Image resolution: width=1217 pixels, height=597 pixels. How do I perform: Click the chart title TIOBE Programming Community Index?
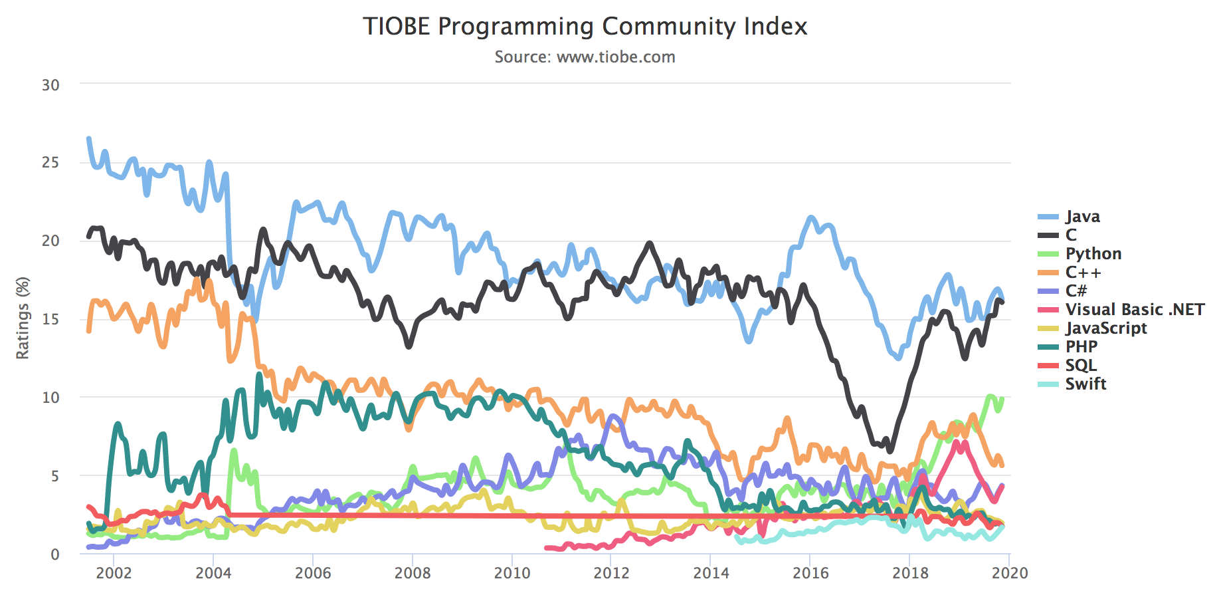click(x=585, y=27)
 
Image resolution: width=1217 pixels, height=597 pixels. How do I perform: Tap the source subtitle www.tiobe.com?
click(x=585, y=57)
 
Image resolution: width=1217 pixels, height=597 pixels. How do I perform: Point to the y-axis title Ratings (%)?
click(x=23, y=318)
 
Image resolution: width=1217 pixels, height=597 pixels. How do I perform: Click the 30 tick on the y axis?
click(x=50, y=85)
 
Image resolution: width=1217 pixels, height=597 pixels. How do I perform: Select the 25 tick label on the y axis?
click(x=50, y=163)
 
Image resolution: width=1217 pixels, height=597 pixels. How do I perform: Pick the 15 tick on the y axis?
click(x=50, y=319)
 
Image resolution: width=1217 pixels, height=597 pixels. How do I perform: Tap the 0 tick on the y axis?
click(x=54, y=554)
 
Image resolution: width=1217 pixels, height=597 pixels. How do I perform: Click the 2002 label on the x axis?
click(x=114, y=573)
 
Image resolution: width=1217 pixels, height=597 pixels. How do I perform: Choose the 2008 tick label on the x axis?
click(x=413, y=573)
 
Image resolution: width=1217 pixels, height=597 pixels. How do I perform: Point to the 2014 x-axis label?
click(x=711, y=573)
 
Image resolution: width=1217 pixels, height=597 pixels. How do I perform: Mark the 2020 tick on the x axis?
click(x=1010, y=573)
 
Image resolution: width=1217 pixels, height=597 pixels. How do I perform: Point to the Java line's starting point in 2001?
click(x=88, y=138)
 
